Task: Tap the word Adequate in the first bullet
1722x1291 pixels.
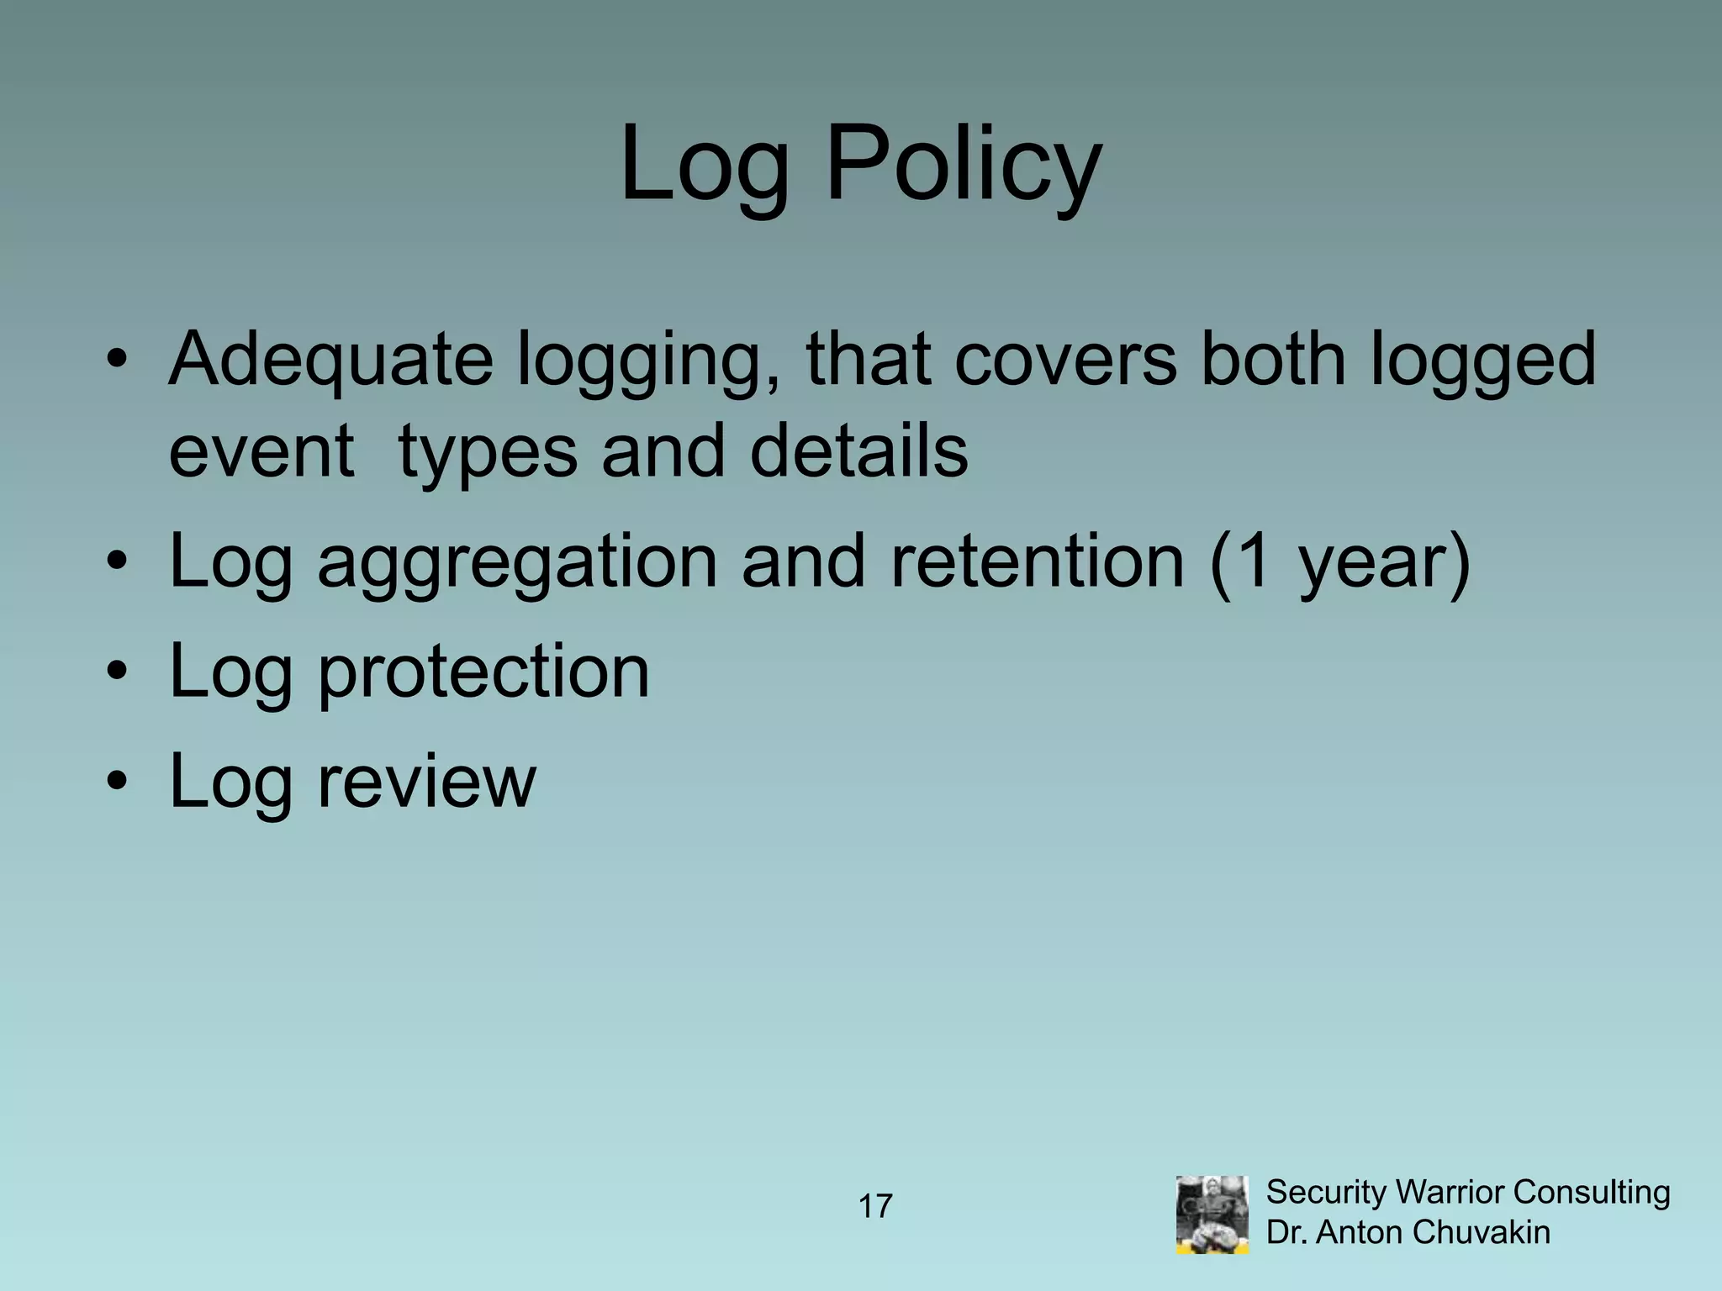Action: point(330,360)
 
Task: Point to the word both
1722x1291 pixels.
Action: point(1273,360)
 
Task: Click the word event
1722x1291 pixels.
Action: point(261,451)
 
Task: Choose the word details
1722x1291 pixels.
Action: point(858,451)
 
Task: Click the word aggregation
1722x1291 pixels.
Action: point(516,563)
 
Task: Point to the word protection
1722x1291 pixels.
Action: point(483,672)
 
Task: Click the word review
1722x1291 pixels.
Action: point(425,781)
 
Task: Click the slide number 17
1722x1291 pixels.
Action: point(874,1207)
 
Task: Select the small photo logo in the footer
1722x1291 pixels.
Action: point(1212,1215)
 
